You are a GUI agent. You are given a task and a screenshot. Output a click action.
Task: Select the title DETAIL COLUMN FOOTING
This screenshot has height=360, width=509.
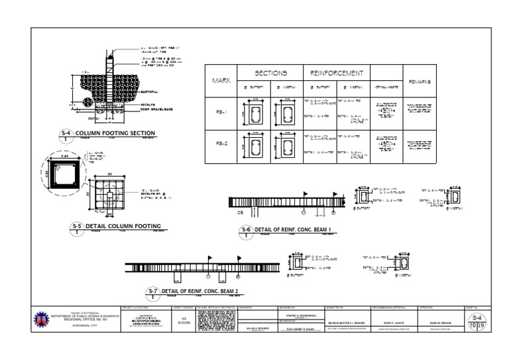116,226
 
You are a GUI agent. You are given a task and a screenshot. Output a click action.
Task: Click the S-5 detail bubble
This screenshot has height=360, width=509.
78,227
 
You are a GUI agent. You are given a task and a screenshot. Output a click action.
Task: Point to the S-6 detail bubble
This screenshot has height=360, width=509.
247,231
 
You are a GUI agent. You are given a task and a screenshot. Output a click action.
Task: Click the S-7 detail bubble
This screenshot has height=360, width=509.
152,292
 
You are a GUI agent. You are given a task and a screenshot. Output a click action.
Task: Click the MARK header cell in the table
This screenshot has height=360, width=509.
221,81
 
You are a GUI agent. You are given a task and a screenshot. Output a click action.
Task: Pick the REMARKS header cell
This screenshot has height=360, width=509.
420,82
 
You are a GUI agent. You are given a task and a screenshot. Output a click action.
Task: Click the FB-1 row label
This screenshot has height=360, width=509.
221,113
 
